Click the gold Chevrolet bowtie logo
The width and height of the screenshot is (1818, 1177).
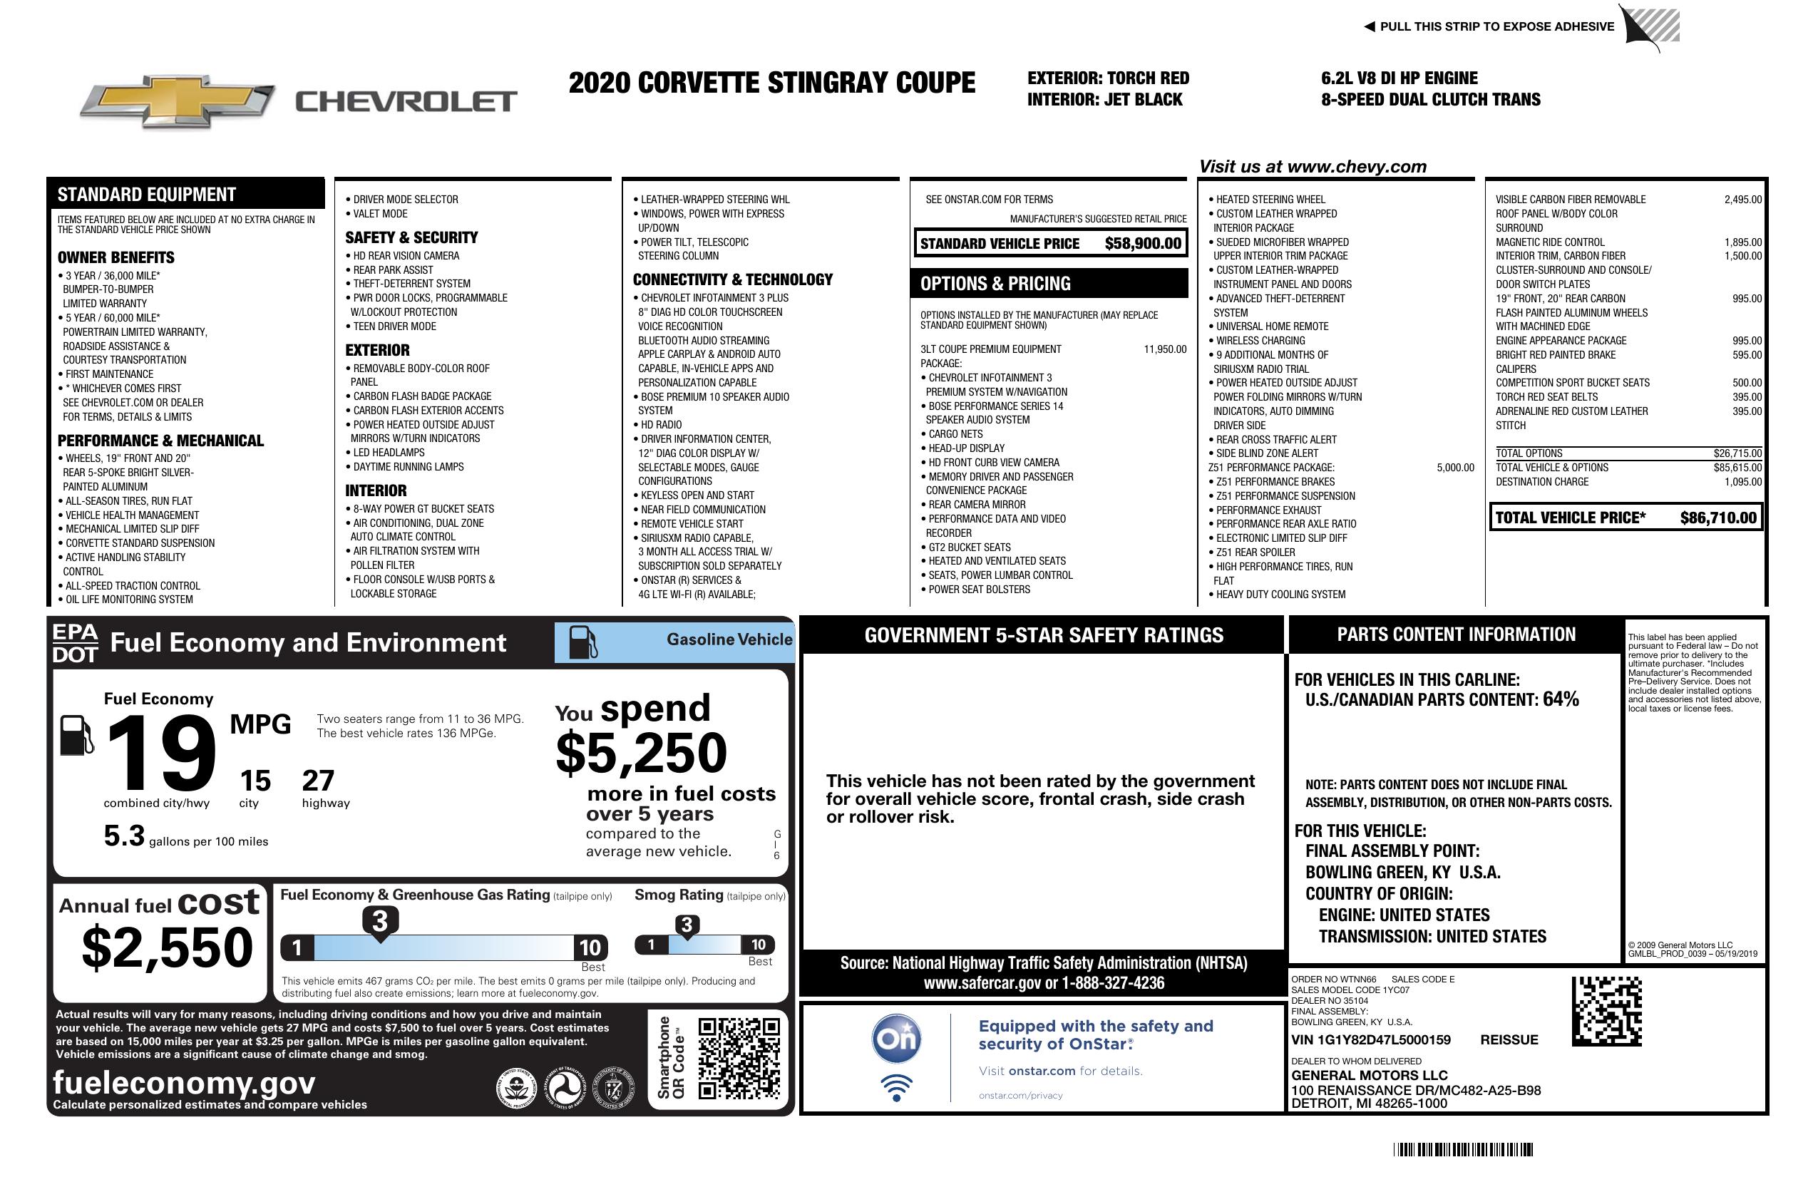(178, 101)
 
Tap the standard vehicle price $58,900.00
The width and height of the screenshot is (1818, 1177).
(1143, 244)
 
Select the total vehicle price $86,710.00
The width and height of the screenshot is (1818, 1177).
(1718, 518)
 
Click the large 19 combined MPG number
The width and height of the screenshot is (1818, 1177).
(161, 753)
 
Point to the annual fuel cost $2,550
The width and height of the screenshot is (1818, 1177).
(168, 947)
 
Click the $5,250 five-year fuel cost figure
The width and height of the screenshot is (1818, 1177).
(641, 753)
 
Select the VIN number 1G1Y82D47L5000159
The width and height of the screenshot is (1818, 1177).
(1370, 1039)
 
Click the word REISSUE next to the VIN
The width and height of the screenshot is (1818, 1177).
(1509, 1039)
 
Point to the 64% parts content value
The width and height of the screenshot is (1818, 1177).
(1560, 699)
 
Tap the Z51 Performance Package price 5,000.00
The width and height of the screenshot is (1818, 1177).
(1454, 468)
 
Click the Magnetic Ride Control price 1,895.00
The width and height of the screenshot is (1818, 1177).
(1742, 242)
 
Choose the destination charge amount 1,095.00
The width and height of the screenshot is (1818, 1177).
(1742, 482)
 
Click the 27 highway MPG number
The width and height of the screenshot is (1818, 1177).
(318, 781)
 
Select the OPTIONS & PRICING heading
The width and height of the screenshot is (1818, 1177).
(995, 283)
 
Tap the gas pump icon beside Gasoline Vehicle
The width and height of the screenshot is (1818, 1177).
(583, 642)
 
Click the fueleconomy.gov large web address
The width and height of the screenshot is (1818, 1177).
(184, 1082)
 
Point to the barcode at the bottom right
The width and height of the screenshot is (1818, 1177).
(1463, 1149)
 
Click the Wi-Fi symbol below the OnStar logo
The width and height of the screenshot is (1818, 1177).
(896, 1087)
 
